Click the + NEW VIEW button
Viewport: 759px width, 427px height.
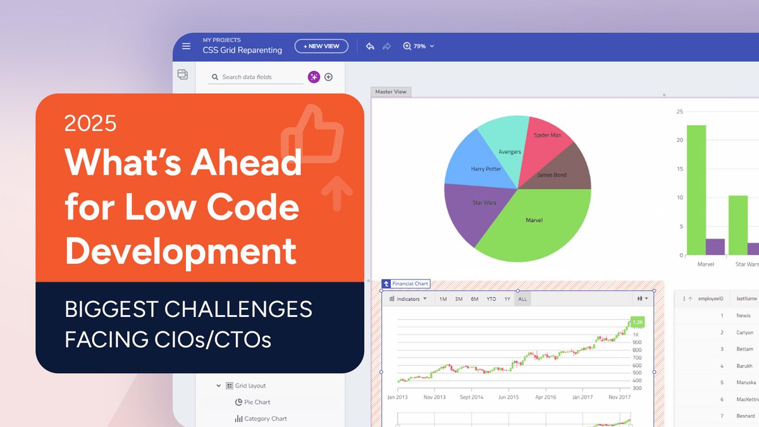[x=321, y=46]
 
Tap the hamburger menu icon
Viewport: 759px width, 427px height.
[x=186, y=46]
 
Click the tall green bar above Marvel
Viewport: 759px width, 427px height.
[x=696, y=190]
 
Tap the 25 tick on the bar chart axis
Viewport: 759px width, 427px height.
[x=680, y=112]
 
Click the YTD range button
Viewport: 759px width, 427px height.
[x=491, y=299]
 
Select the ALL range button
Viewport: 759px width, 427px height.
[x=522, y=299]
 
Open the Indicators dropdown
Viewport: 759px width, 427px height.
[x=409, y=299]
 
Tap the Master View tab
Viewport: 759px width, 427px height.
[x=391, y=92]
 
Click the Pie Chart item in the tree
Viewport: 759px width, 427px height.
[x=257, y=402]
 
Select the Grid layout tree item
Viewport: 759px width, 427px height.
[x=250, y=386]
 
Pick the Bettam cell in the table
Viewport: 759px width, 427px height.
[x=745, y=349]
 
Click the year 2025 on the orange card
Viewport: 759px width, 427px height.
[x=90, y=123]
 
